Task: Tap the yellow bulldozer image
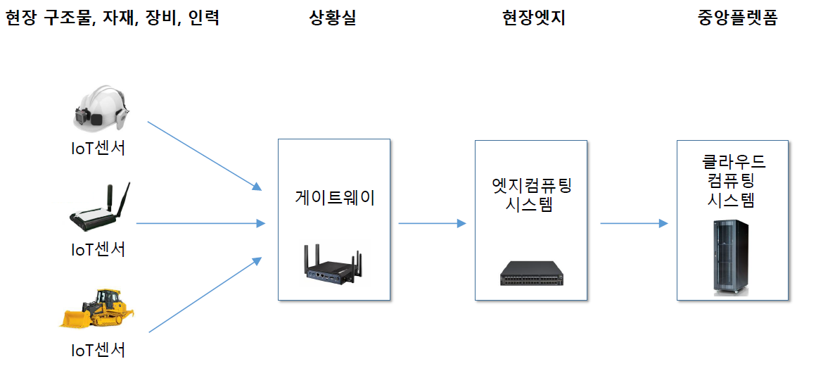tap(97, 308)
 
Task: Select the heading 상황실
tap(333, 19)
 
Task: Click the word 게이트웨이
tap(334, 198)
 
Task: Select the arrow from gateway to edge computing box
tap(432, 224)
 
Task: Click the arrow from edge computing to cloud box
tap(633, 224)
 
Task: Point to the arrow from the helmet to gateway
tap(204, 156)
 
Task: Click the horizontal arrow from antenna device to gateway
tap(200, 224)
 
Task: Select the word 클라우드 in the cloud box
tap(734, 162)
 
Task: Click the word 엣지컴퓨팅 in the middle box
tap(532, 186)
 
